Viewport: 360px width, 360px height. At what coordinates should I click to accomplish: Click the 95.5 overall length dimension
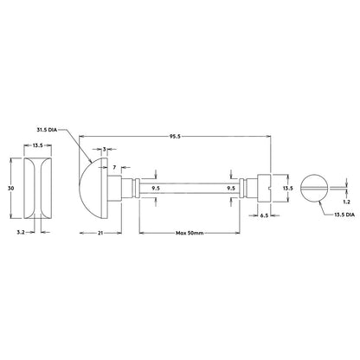pos(175,137)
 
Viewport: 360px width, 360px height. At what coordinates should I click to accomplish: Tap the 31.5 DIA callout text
pos(47,130)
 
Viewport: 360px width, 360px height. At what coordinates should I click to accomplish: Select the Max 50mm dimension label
pos(190,233)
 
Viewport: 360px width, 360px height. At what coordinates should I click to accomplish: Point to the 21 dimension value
pos(100,233)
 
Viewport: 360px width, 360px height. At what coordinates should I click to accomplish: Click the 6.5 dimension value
pos(265,215)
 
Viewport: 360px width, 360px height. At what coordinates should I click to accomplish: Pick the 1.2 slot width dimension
pos(347,202)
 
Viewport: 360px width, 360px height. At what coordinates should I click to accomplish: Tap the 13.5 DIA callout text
pos(344,215)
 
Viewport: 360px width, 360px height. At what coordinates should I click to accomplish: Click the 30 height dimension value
pos(11,189)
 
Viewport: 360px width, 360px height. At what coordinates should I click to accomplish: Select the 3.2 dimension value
pos(21,231)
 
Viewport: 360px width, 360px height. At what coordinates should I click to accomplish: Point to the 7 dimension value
pos(114,167)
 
